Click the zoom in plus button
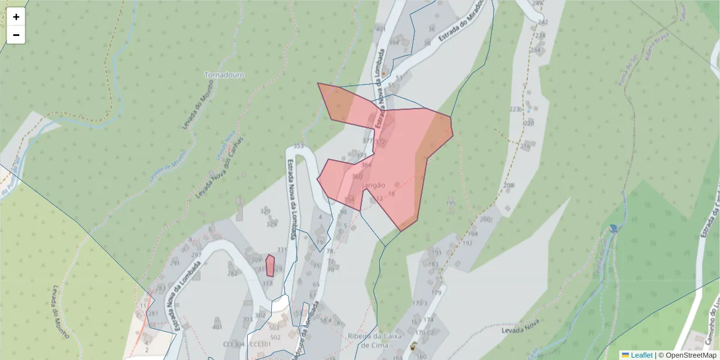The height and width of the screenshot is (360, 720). tap(16, 17)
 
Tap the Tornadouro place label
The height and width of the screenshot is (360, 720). tap(224, 75)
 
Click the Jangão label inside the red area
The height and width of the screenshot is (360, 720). tap(373, 185)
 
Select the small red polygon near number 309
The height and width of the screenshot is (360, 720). tap(270, 266)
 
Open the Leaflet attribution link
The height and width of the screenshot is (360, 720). tap(641, 355)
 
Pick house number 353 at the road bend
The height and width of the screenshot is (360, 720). tap(299, 146)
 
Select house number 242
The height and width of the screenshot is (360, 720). tap(543, 22)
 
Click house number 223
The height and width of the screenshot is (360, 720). tap(514, 109)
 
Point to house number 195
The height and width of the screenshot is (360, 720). tap(451, 204)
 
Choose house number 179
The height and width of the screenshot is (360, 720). tap(436, 293)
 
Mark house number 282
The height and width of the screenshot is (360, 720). tap(233, 273)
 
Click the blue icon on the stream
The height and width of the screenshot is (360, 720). tap(612, 229)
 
